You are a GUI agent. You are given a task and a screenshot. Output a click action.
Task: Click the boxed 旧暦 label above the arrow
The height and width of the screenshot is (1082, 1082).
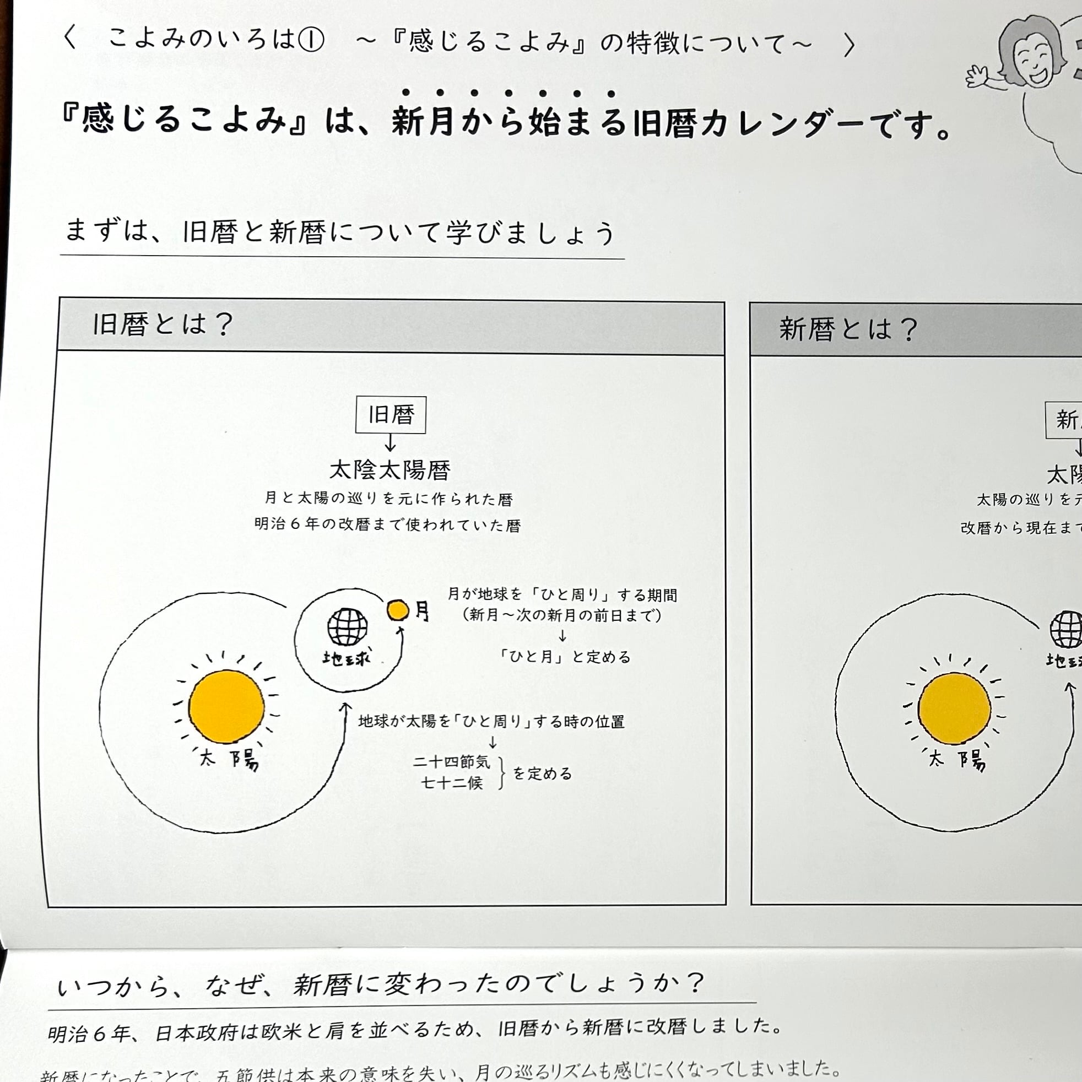391,415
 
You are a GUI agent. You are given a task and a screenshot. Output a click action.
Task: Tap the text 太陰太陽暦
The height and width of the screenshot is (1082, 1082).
390,469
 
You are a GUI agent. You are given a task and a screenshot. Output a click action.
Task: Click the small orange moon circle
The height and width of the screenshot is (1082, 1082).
398,610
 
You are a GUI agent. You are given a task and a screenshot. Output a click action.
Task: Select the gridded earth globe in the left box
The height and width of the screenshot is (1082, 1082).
347,627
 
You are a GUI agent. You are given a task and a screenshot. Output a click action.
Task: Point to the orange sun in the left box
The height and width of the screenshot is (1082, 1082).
226,707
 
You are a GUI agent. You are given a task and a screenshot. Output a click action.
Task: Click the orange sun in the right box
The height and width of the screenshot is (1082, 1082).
954,708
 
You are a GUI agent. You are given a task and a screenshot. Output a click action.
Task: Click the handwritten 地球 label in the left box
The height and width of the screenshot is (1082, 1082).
346,657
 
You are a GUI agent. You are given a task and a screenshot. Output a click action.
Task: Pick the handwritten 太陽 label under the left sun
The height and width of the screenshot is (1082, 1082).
230,760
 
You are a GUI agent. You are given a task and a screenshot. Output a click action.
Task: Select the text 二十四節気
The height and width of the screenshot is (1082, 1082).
451,762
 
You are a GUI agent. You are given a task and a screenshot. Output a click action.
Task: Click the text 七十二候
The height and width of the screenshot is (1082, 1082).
451,783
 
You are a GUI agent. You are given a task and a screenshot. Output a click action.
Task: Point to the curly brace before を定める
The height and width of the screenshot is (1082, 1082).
501,773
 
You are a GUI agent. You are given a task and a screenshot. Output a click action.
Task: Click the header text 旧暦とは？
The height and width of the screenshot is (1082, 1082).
163,324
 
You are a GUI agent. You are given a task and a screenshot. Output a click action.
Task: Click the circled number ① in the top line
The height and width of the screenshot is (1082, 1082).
311,40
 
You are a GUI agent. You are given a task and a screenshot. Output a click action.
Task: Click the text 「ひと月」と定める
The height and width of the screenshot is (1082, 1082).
565,656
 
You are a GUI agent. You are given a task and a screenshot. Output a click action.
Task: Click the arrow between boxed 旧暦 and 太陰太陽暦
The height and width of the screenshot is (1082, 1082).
391,443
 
